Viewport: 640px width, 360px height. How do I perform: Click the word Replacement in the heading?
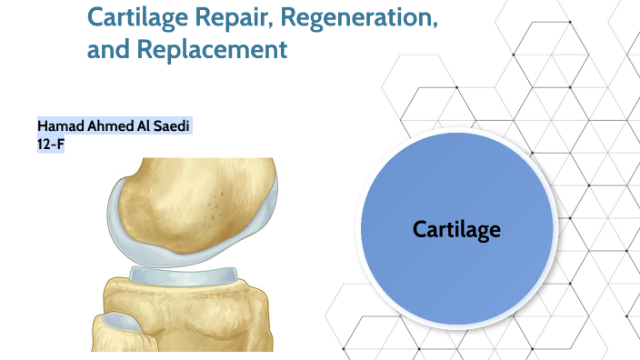[x=212, y=49]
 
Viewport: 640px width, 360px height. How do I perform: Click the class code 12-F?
[x=50, y=142]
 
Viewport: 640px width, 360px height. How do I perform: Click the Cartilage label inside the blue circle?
[x=456, y=229]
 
